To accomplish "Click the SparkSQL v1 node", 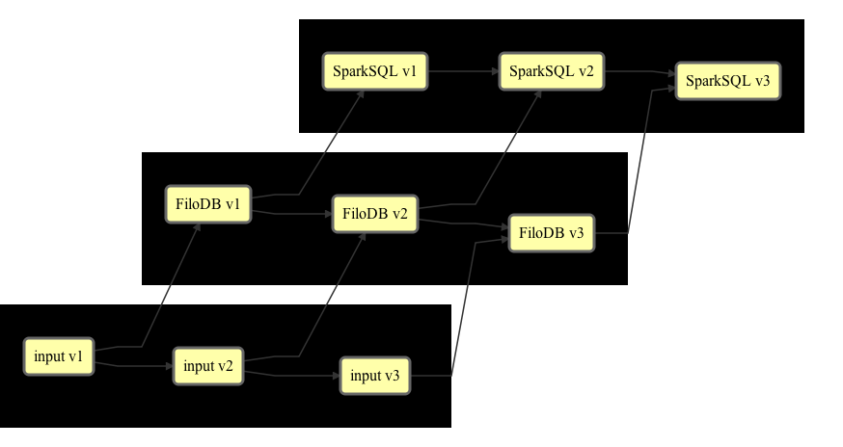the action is pos(375,71).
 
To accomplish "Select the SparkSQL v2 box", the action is pos(552,71).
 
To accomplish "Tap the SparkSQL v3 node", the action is pos(728,81).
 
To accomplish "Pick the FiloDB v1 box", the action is pos(208,204).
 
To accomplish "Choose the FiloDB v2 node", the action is pos(375,214).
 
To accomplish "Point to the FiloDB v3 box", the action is pos(552,233).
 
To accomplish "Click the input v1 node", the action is pos(59,356).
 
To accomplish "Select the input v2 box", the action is pos(208,366).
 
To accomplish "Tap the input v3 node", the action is pos(375,376).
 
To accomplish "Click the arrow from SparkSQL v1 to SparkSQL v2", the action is pos(463,71).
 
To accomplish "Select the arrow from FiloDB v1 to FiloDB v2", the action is pos(291,214).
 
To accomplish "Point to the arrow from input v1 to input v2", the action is pos(133,366).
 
